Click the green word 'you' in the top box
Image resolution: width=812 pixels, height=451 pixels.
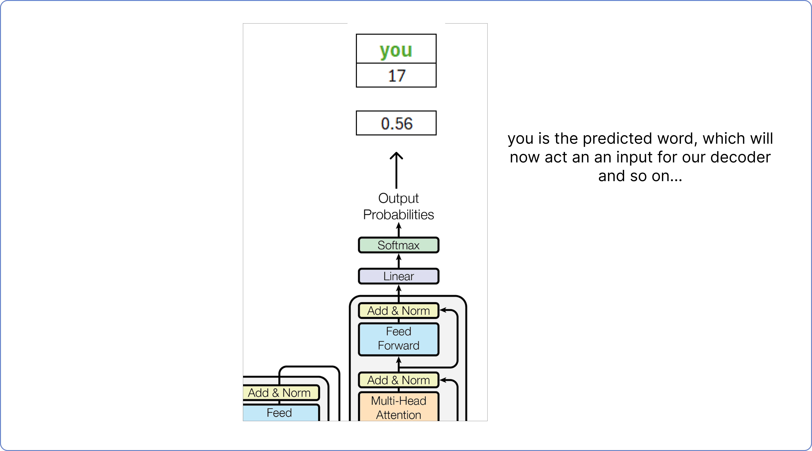coord(396,50)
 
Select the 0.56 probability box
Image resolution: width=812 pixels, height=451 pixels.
coord(396,123)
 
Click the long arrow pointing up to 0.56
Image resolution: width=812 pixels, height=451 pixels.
coord(396,170)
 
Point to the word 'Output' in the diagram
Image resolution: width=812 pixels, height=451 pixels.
coord(398,198)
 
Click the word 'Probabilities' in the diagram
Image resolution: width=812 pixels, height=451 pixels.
coord(398,215)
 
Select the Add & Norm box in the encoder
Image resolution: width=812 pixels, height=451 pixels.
coord(281,393)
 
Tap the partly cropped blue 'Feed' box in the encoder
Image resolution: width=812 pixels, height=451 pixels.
coord(281,413)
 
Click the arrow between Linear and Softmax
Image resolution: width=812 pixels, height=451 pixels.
coord(399,261)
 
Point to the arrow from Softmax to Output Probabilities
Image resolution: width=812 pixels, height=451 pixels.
coord(399,230)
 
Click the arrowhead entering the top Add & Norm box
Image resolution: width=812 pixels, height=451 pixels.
coord(443,310)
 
